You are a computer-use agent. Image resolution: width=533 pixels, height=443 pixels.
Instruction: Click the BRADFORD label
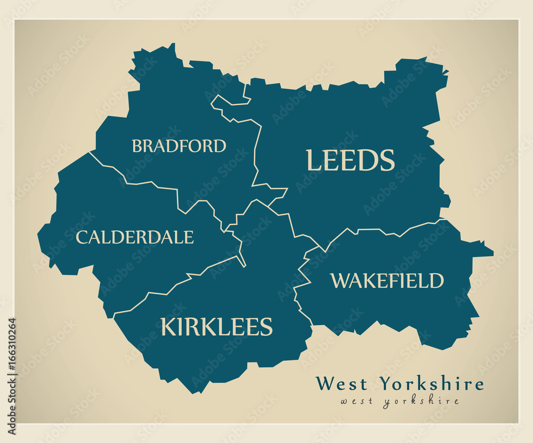[179, 146]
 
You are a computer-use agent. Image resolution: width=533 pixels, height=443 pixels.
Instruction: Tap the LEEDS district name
[350, 160]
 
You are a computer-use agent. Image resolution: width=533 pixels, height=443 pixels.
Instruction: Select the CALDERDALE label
[134, 237]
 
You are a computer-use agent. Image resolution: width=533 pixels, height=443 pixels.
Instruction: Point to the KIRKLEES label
[216, 327]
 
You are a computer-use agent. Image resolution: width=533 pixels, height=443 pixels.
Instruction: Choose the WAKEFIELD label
[387, 280]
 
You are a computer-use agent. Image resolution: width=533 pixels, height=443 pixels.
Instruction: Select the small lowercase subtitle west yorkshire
[400, 401]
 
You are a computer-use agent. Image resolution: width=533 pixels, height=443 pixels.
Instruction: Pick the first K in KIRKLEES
[168, 327]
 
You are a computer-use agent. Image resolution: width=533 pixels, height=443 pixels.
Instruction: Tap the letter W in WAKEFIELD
[339, 281]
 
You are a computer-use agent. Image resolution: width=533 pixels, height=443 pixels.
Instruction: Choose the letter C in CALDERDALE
[81, 237]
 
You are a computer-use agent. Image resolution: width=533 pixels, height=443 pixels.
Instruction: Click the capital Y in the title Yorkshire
[385, 384]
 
